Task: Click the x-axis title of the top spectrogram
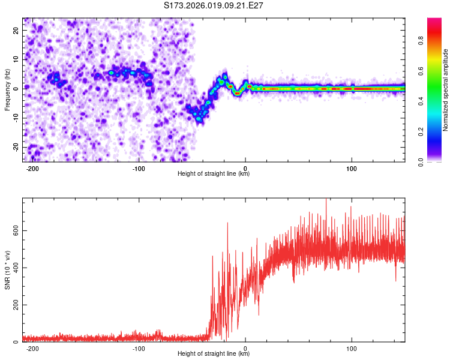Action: [x=214, y=174]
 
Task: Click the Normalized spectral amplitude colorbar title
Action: [x=446, y=90]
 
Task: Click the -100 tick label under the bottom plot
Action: [x=139, y=349]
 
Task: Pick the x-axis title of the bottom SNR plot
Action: [x=214, y=355]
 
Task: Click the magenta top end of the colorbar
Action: [x=434, y=21]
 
